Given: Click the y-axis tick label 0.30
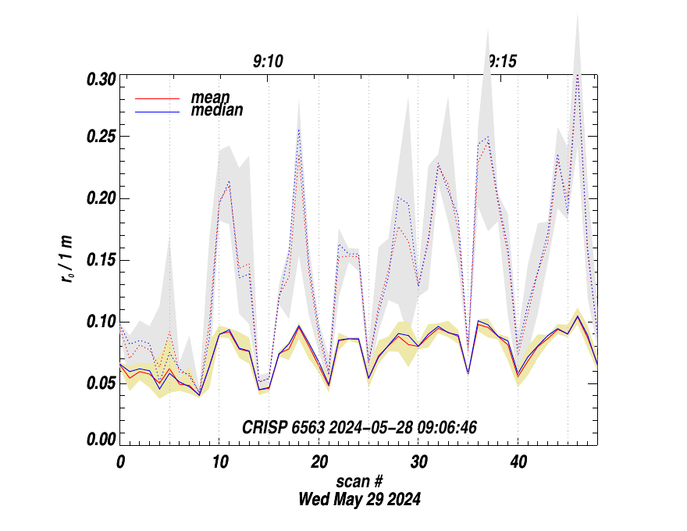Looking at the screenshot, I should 101,79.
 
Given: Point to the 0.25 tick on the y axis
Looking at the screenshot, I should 101,137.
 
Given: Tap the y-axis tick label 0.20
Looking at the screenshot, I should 101,198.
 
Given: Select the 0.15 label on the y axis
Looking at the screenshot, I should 101,260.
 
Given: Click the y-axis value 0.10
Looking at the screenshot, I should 101,322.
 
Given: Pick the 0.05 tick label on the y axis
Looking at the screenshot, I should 101,383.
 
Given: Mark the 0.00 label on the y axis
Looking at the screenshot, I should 101,440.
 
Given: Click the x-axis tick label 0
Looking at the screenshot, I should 120,462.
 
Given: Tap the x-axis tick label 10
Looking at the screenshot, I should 219,462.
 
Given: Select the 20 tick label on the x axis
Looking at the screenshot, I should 319,462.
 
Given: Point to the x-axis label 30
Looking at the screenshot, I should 418,462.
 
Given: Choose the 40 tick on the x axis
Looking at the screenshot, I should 518,462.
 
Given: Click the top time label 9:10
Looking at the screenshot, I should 268,61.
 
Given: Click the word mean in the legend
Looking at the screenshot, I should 210,98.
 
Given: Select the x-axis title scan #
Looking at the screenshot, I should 359,481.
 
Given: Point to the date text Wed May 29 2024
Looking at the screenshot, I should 359,499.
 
